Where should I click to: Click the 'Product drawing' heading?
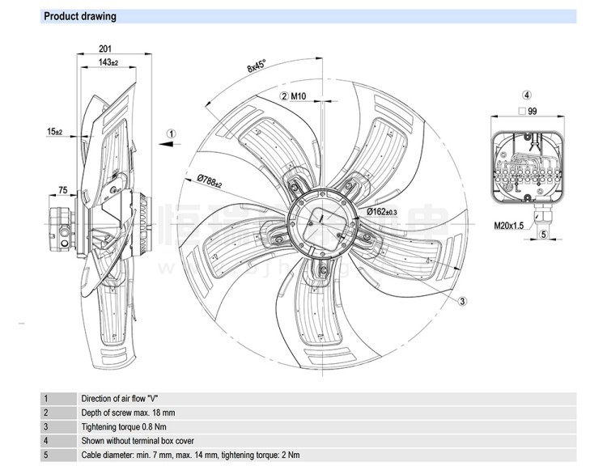pyautogui.click(x=79, y=16)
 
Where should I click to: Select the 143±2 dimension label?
pyautogui.click(x=108, y=62)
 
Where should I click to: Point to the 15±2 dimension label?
pyautogui.click(x=54, y=131)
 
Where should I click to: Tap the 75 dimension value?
pyautogui.click(x=62, y=191)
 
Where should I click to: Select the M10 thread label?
pyautogui.click(x=298, y=96)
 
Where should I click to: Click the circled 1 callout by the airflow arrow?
pyautogui.click(x=172, y=133)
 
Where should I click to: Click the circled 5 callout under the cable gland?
pyautogui.click(x=543, y=235)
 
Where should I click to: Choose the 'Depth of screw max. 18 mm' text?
pyautogui.click(x=126, y=413)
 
